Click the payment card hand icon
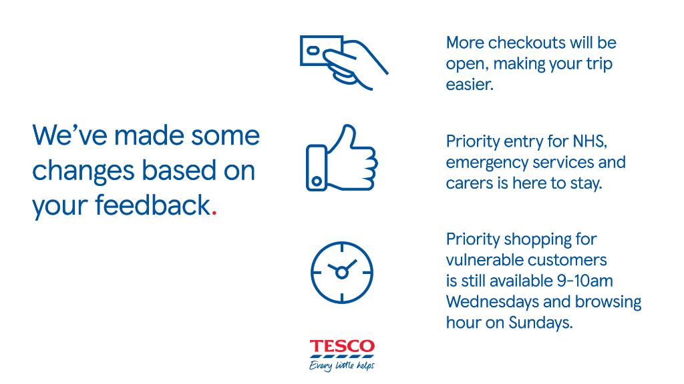coord(343,62)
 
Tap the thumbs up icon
coord(341,159)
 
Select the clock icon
coord(342,271)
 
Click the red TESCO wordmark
coord(342,347)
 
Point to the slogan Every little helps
coord(342,365)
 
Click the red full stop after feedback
coord(214,212)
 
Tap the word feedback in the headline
coord(152,205)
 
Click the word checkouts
coord(518,43)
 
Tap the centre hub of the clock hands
coord(342,272)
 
